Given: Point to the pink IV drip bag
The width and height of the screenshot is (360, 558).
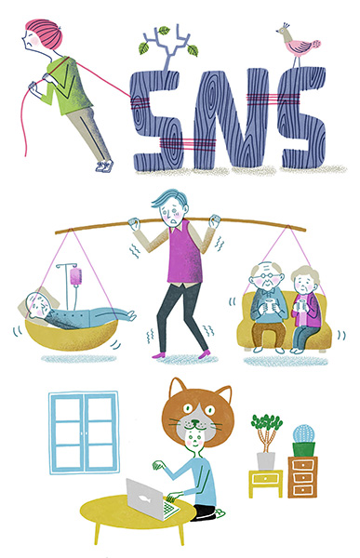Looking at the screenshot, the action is point(76,276).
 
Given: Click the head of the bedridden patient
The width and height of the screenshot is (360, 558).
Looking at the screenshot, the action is point(38,305).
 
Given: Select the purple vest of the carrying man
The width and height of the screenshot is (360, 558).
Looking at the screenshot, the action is point(184,253).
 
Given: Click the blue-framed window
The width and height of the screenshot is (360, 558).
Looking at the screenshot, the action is point(84,432).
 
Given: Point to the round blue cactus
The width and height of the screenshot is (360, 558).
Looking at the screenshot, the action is point(304,433).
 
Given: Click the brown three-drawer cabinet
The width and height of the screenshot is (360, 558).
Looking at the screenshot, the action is point(302,477).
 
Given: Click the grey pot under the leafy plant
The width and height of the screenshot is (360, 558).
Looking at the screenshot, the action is point(266,461).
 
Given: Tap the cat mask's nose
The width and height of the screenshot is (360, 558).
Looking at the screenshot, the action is point(194,423).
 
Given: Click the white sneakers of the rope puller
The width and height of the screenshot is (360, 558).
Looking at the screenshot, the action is point(104,166).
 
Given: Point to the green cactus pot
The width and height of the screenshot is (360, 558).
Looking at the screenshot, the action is point(304,449).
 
